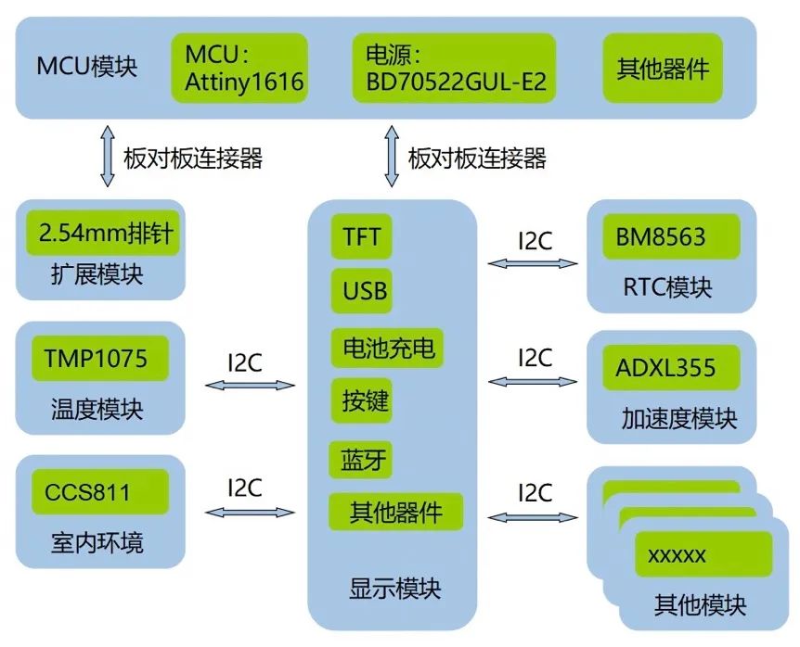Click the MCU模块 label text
click(x=87, y=68)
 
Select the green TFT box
click(x=360, y=237)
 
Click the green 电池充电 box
click(x=388, y=349)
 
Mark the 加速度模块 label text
click(x=679, y=419)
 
